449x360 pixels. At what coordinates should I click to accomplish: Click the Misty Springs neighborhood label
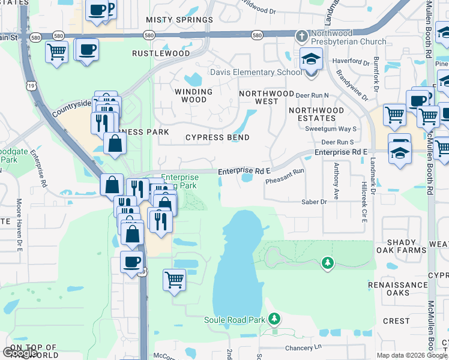(179, 20)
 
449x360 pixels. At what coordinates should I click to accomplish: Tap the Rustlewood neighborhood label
(161, 53)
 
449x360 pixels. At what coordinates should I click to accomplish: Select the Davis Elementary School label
(256, 73)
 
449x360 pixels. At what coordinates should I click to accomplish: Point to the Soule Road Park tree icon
(274, 318)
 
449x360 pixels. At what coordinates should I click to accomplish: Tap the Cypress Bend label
(217, 137)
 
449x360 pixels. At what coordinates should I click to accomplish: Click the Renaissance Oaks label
(398, 289)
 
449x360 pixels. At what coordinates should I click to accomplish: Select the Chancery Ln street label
(304, 347)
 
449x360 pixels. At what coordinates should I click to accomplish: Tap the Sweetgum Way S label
(331, 129)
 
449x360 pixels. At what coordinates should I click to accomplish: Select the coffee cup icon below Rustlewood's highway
(86, 49)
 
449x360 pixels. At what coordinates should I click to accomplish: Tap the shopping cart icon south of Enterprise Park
(174, 278)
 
